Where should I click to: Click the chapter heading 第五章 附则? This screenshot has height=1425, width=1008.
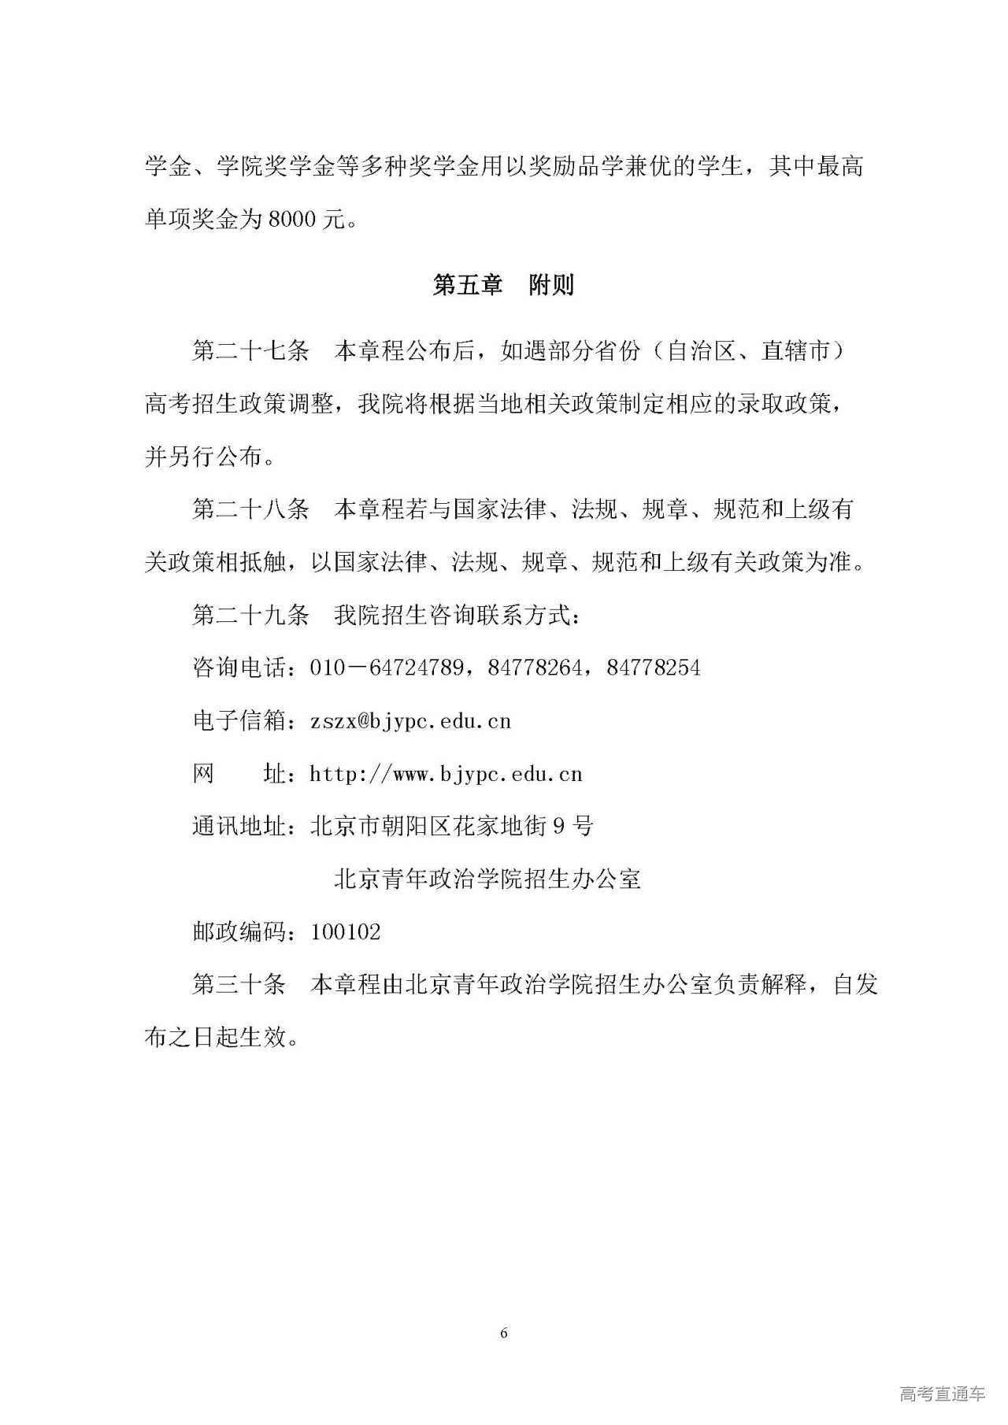[x=503, y=285]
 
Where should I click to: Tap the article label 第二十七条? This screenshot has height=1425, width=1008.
[x=250, y=351]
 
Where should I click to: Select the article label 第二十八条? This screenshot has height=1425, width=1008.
[x=250, y=509]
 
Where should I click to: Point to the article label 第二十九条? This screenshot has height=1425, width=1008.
[x=250, y=615]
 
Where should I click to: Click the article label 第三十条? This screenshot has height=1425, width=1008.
[x=239, y=984]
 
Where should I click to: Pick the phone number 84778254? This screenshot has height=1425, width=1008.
[x=654, y=668]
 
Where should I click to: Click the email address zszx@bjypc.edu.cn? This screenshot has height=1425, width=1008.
[x=410, y=721]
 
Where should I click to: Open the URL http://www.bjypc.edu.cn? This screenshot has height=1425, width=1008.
[x=446, y=774]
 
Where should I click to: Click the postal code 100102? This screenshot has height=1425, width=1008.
[x=346, y=932]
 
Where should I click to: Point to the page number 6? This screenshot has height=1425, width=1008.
[x=504, y=1333]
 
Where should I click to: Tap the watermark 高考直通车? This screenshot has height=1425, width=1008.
[x=942, y=1394]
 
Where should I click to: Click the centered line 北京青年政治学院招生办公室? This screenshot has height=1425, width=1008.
[x=487, y=879]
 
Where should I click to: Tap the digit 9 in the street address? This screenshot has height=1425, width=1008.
[x=560, y=826]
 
